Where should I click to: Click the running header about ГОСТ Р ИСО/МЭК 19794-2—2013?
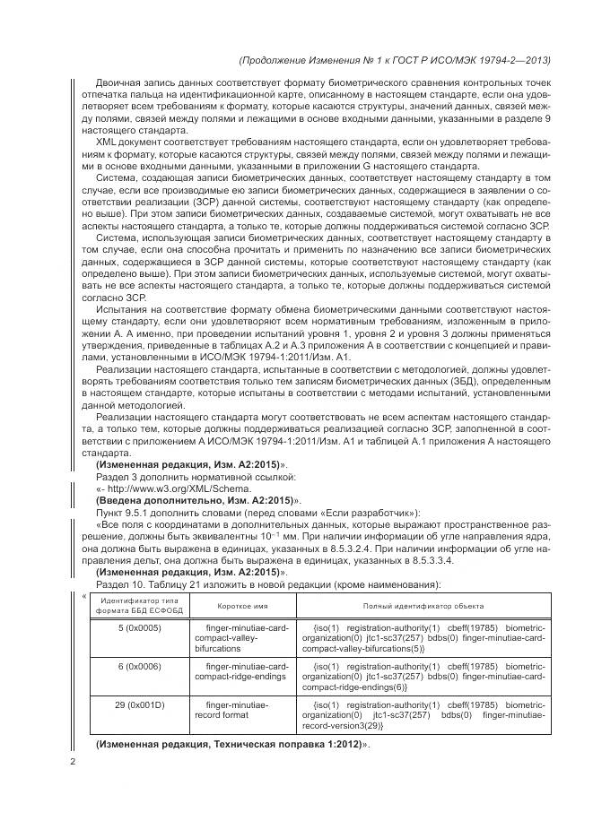point(395,60)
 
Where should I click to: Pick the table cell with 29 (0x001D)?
point(139,706)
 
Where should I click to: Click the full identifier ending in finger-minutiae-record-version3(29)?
point(422,717)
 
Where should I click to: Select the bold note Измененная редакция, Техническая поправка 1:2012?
point(231,746)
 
